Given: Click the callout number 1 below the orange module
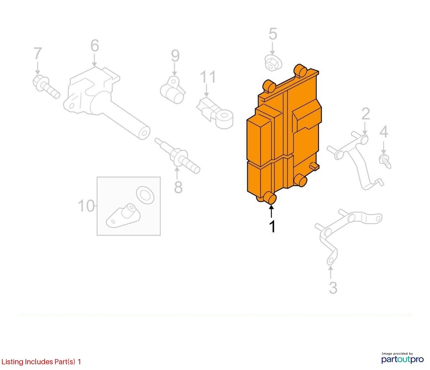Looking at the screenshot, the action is tap(272, 226).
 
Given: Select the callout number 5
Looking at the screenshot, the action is tap(273, 34).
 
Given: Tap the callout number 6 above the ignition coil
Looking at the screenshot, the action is tap(95, 46).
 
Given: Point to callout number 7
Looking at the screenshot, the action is tap(37, 53).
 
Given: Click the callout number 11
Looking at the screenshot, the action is tap(208, 77).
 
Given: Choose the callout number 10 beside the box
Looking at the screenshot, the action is tap(86, 206).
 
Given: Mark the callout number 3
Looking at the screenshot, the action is tap(333, 288).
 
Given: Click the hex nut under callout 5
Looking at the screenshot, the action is tap(273, 63).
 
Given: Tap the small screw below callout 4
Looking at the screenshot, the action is tap(385, 161).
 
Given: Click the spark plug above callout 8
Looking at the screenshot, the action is tap(178, 156).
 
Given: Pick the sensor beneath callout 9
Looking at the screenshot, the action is tap(173, 90).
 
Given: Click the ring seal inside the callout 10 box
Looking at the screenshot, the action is tap(145, 195).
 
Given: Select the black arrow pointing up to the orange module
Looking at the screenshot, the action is tap(271, 211).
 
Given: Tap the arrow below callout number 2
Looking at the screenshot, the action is tap(365, 128).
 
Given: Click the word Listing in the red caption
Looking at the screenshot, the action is tap(12, 362).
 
